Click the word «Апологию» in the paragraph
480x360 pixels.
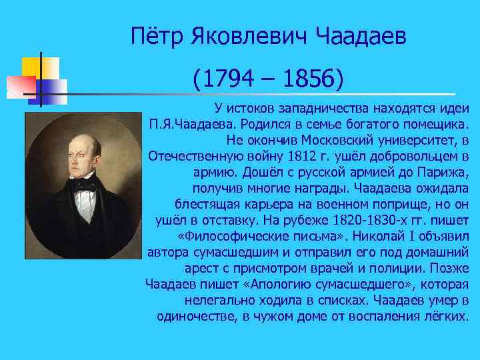pyautogui.click(x=293, y=285)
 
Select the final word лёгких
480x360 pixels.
pyautogui.click(x=446, y=317)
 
